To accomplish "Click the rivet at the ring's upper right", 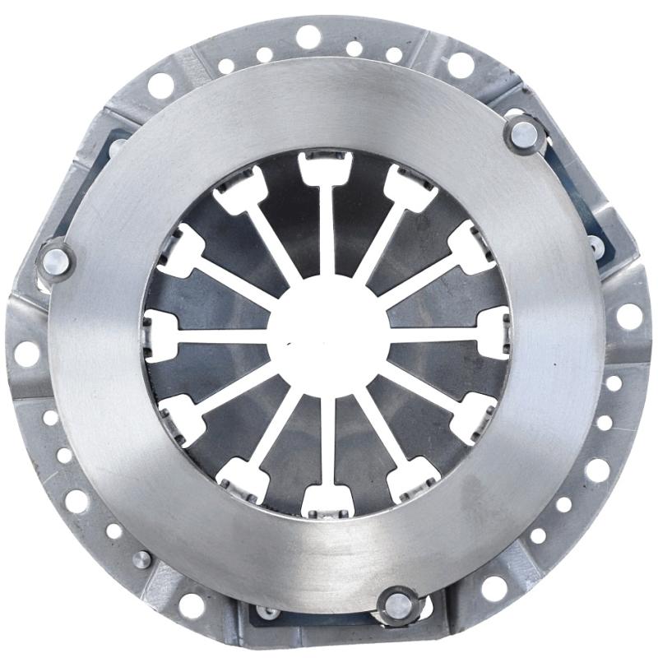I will pos(523,132).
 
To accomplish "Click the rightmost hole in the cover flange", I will pos(629,316).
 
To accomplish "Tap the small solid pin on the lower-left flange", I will pos(141,559).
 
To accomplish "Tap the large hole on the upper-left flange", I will pos(160,84).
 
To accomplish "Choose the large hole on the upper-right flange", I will pos(461,64).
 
